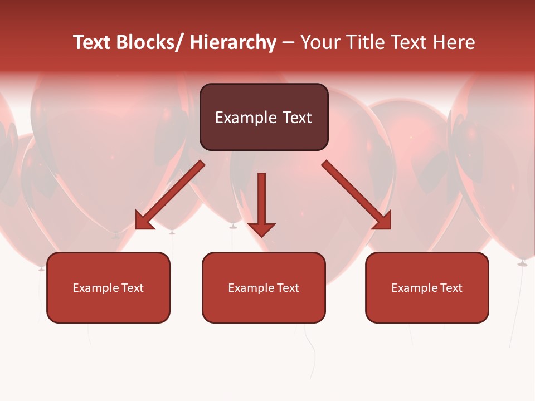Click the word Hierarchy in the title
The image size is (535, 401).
click(233, 43)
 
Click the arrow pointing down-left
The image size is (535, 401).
click(171, 195)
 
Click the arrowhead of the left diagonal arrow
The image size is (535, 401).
click(143, 222)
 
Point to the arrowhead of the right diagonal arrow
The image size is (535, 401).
click(383, 222)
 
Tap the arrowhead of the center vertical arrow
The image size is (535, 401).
click(261, 229)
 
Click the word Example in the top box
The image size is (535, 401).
click(246, 118)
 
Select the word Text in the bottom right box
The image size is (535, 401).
click(451, 288)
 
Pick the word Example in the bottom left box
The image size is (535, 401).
click(96, 288)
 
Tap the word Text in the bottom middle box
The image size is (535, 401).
click(288, 288)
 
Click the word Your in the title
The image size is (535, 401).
click(320, 43)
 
